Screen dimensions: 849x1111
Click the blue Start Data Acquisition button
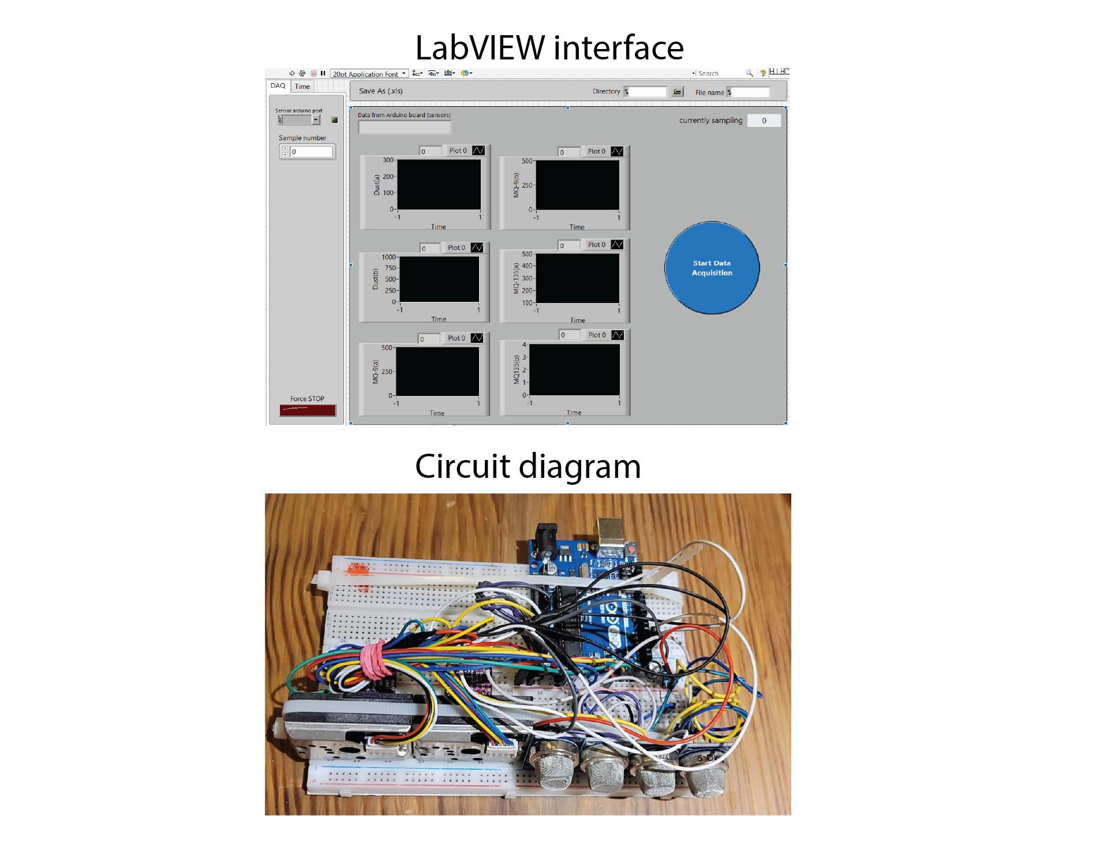pyautogui.click(x=712, y=268)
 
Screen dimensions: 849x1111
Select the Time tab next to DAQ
pyautogui.click(x=302, y=87)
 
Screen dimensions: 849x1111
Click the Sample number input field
pyautogui.click(x=311, y=152)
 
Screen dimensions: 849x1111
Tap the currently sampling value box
pyautogui.click(x=764, y=121)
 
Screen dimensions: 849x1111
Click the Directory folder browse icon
pyautogui.click(x=678, y=92)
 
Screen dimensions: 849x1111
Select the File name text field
pyautogui.click(x=750, y=92)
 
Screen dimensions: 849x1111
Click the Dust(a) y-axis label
pyautogui.click(x=377, y=185)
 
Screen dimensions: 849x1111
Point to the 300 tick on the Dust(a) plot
pyautogui.click(x=388, y=160)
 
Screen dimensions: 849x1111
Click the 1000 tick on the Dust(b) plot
pyautogui.click(x=388, y=257)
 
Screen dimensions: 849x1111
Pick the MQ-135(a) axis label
pyautogui.click(x=516, y=278)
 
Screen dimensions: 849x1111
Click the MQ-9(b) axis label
pyautogui.click(x=516, y=185)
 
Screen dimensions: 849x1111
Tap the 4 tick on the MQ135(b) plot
pyautogui.click(x=524, y=345)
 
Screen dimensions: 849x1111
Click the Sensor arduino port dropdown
pyautogui.click(x=299, y=120)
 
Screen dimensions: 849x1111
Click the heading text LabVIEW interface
pyautogui.click(x=549, y=47)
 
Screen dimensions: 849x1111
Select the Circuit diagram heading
pyautogui.click(x=528, y=466)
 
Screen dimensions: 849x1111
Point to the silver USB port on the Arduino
pyautogui.click(x=611, y=532)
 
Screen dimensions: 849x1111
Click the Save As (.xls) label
pyautogui.click(x=380, y=91)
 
